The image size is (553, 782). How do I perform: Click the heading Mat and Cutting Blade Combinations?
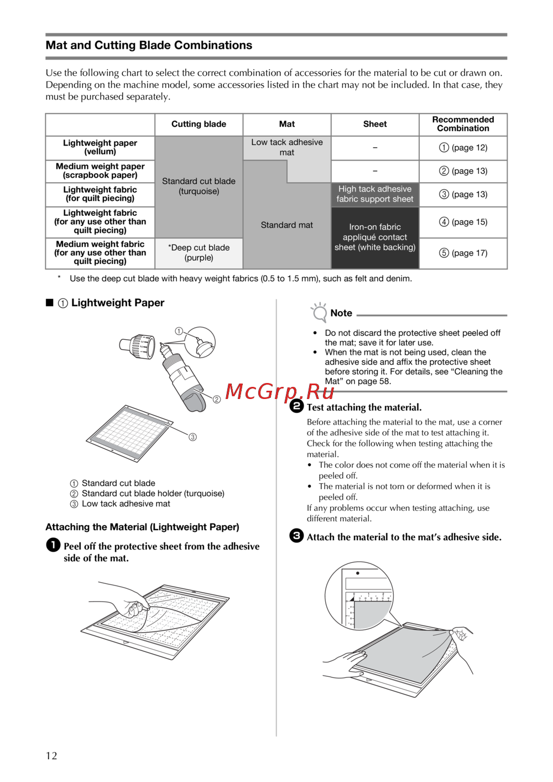pyautogui.click(x=149, y=45)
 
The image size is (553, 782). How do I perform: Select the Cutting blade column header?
pyautogui.click(x=199, y=124)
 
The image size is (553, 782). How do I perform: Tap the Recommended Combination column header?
pyautogui.click(x=463, y=124)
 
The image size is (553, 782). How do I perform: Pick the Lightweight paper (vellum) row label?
pyautogui.click(x=100, y=147)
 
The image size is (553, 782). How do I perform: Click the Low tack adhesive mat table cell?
pyautogui.click(x=286, y=147)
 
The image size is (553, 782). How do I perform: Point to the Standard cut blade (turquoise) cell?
pyautogui.click(x=199, y=186)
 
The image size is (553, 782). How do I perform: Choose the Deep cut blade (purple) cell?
pyautogui.click(x=199, y=252)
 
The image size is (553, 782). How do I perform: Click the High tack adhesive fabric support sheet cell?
pyautogui.click(x=375, y=194)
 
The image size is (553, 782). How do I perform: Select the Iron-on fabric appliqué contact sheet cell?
pyautogui.click(x=375, y=237)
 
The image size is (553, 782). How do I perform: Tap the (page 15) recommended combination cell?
pyautogui.click(x=463, y=222)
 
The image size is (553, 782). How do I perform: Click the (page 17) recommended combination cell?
pyautogui.click(x=463, y=253)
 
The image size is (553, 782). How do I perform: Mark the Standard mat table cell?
pyautogui.click(x=286, y=225)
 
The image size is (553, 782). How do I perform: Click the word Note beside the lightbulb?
pyautogui.click(x=341, y=313)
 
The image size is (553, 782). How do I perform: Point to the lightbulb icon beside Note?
pyautogui.click(x=319, y=312)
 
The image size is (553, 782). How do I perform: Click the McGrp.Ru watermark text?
pyautogui.click(x=280, y=392)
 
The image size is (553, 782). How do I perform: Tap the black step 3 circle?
pyautogui.click(x=296, y=536)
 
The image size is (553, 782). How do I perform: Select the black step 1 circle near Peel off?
pyautogui.click(x=53, y=545)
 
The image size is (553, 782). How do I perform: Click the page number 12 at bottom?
pyautogui.click(x=51, y=756)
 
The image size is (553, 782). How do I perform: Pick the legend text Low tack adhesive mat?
pyautogui.click(x=126, y=504)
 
